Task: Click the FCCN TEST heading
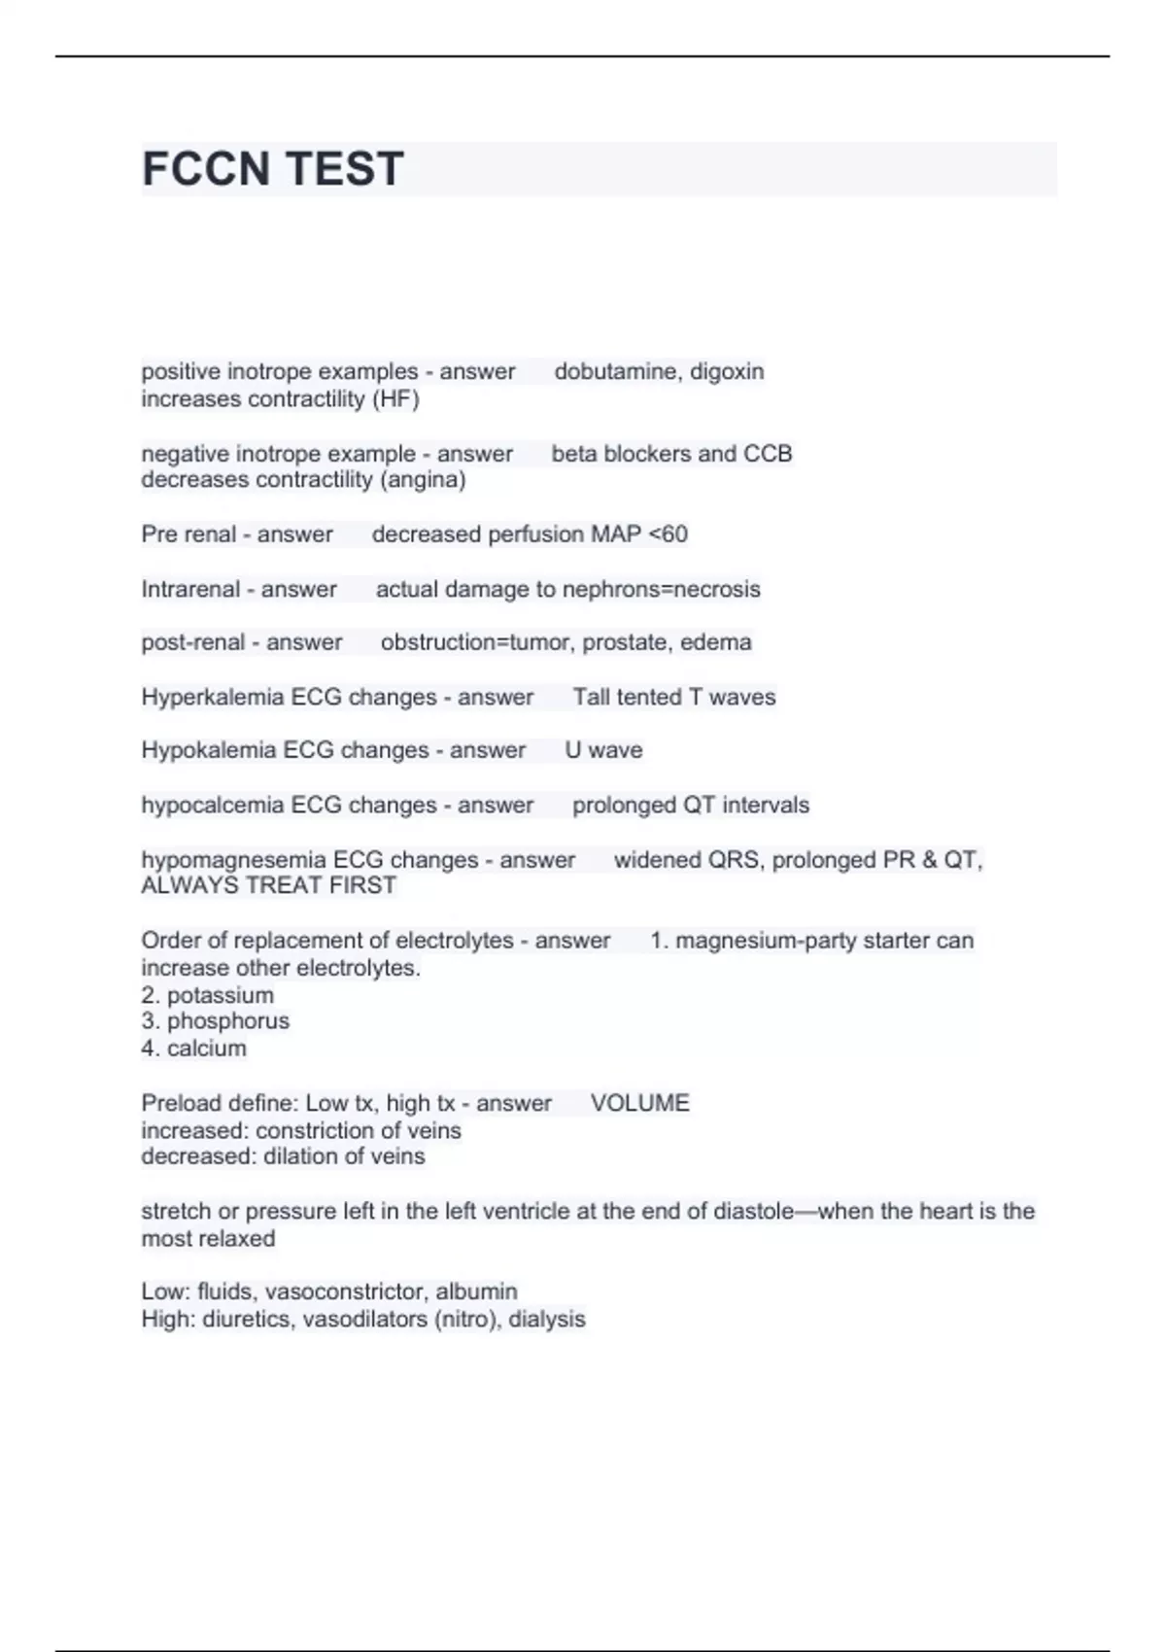coord(273,169)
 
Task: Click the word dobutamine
coord(616,371)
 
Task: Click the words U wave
coord(603,750)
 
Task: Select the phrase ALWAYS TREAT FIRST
coord(269,885)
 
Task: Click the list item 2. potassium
coord(208,995)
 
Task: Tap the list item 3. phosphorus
coord(216,1021)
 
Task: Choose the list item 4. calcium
coord(194,1049)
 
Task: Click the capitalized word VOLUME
coord(640,1103)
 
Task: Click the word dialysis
coord(547,1320)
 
